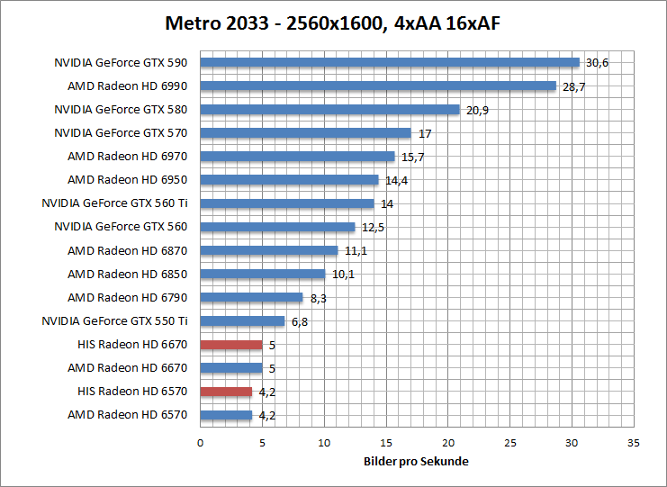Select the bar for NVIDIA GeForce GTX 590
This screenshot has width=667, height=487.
[x=390, y=63]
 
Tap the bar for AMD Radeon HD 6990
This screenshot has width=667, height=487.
[x=378, y=86]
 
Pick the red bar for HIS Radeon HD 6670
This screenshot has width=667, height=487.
[x=231, y=344]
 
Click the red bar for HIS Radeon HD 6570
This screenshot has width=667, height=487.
[x=226, y=391]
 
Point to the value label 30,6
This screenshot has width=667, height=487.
[x=598, y=63]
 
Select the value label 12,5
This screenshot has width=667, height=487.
[x=373, y=227]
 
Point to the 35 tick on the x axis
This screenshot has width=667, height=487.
[x=633, y=443]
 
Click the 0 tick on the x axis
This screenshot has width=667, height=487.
[x=200, y=443]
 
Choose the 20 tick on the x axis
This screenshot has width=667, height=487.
[x=447, y=443]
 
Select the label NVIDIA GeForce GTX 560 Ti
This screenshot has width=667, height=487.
[x=114, y=203]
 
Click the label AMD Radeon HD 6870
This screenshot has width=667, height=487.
[x=127, y=250]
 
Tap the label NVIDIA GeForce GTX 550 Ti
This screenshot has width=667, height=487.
[x=114, y=320]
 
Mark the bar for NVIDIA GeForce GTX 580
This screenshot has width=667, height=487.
[x=329, y=110]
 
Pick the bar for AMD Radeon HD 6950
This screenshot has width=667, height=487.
[x=289, y=180]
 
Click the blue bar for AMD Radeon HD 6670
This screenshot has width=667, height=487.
[x=231, y=367]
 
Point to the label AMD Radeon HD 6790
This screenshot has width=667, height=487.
[x=127, y=297]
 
